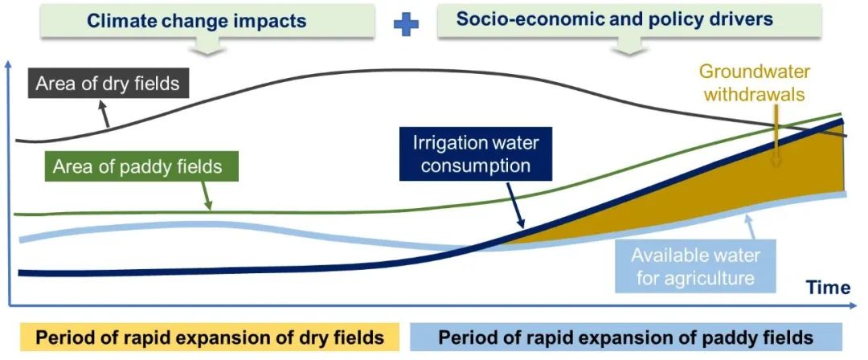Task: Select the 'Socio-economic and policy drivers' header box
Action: (615, 19)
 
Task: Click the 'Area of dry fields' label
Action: (108, 82)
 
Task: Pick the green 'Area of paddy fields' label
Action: (137, 167)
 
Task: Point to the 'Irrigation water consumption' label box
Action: (476, 154)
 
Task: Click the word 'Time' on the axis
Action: (827, 287)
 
